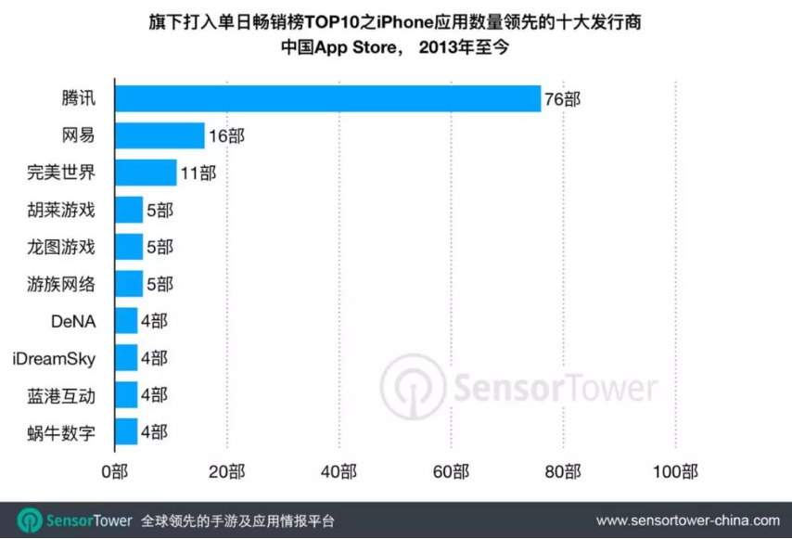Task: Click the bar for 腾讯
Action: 326,98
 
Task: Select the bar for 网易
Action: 159,135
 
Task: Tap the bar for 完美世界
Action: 145,173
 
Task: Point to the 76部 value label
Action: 562,99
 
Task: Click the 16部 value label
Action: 226,136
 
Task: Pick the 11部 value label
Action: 198,173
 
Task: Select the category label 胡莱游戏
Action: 61,210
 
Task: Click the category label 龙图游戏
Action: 61,247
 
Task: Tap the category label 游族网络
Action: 61,284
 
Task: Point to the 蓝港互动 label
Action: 61,395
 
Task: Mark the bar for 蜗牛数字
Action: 125,432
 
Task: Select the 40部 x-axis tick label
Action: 339,472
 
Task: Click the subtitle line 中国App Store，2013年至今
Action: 395,46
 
